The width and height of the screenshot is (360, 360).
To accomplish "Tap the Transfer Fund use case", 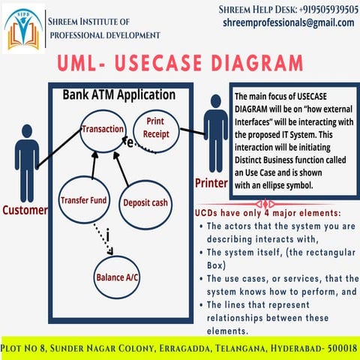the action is point(84,199).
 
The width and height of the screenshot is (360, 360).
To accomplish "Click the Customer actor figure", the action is point(27,163).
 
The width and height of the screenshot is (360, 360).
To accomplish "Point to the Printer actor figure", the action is point(216,133).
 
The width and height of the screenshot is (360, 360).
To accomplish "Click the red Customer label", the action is point(25,210).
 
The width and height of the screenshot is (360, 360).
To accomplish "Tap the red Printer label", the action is point(211,183).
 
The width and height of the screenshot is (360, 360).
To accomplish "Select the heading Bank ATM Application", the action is point(119,95).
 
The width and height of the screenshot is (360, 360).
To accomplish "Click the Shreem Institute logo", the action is point(23,29).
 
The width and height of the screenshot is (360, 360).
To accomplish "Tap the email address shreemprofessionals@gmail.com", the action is point(289,23).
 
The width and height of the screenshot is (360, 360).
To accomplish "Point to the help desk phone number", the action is point(328,10).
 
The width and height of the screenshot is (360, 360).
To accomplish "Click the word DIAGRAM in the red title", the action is point(257,63).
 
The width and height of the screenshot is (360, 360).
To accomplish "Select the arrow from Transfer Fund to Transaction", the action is point(94,166).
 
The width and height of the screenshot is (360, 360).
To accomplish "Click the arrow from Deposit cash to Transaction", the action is point(121,169).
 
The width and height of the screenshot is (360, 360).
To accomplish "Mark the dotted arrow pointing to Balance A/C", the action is point(103,239).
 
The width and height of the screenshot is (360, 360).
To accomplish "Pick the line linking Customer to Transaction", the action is point(59,148).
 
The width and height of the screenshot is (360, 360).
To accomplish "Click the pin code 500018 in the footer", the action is point(342,348).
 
